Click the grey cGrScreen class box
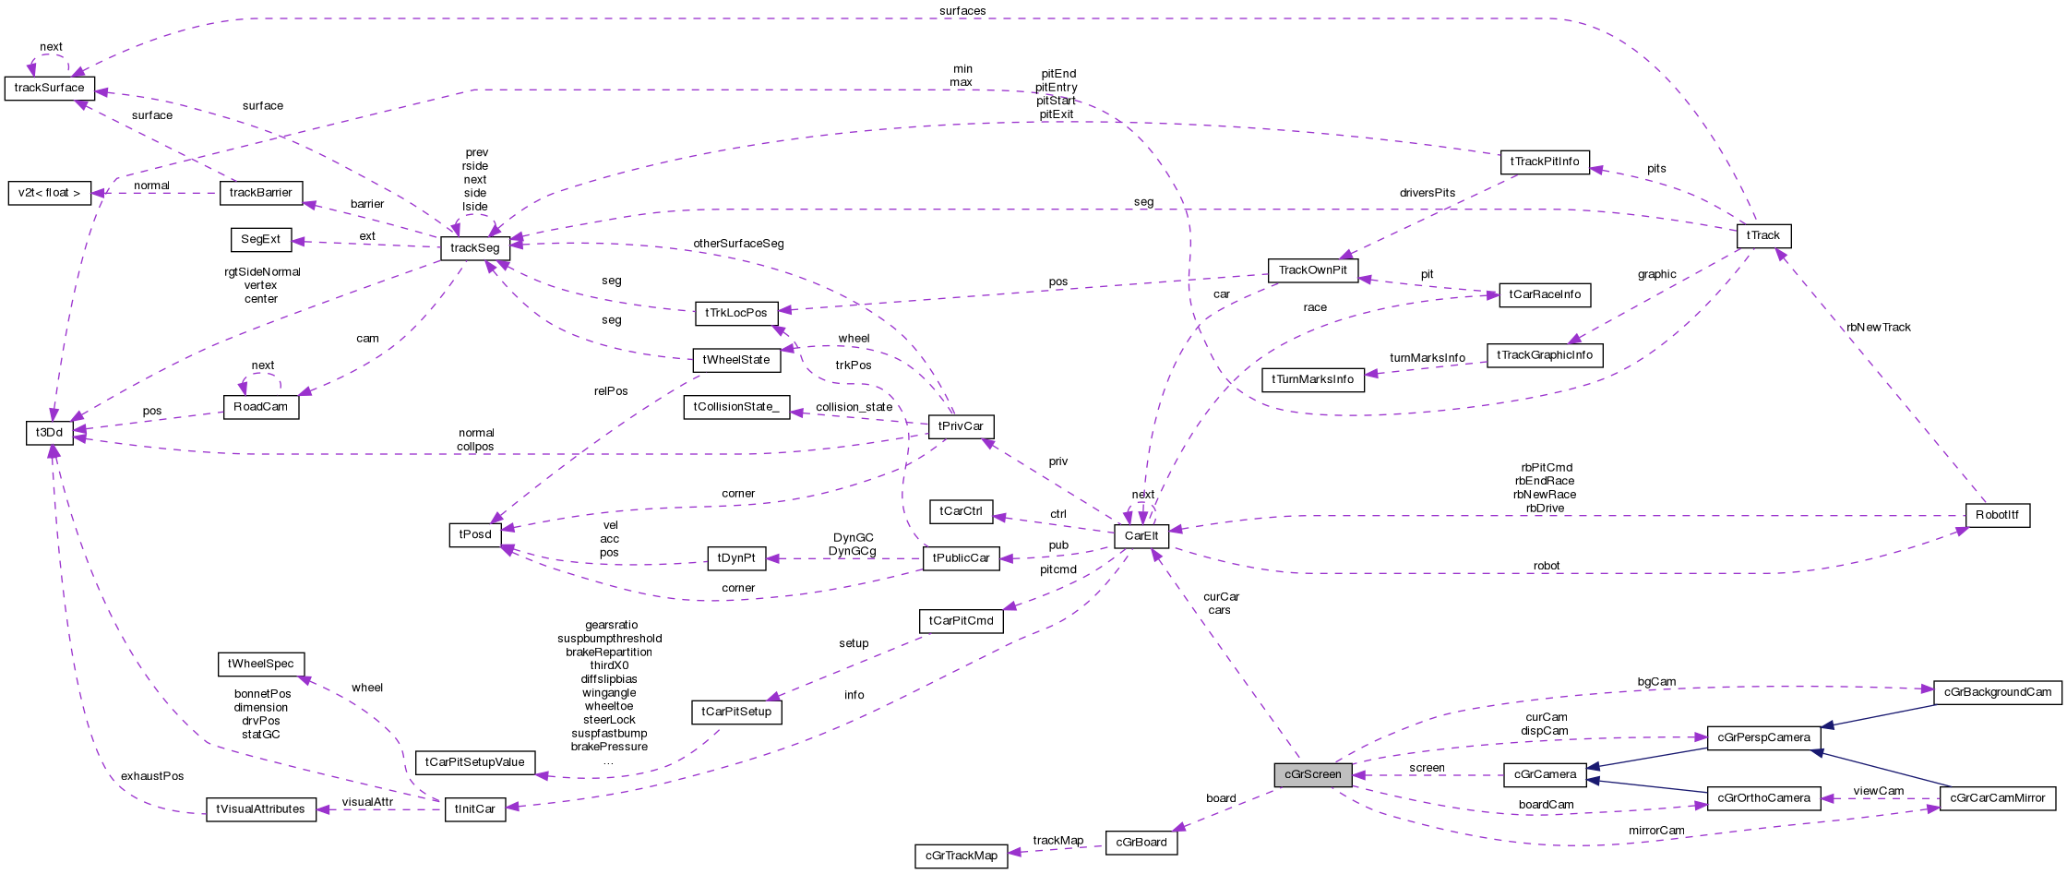coord(1312,774)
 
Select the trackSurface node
coord(49,88)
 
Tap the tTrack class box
coord(1762,235)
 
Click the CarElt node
coord(1141,535)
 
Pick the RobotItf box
coord(1997,514)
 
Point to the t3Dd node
coord(49,432)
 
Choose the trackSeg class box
coord(475,247)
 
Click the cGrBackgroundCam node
coord(1997,692)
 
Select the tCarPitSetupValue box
coord(475,762)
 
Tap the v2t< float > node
coord(49,193)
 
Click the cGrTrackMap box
coord(961,856)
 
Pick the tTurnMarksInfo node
coord(1312,379)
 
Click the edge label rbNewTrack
coord(1878,328)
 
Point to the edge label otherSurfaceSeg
coord(738,244)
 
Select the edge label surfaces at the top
coord(962,11)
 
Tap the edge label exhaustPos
coord(152,776)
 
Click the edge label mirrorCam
coord(1656,831)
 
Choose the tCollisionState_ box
coord(736,407)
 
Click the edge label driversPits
coord(1427,193)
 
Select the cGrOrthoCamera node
coord(1763,797)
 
